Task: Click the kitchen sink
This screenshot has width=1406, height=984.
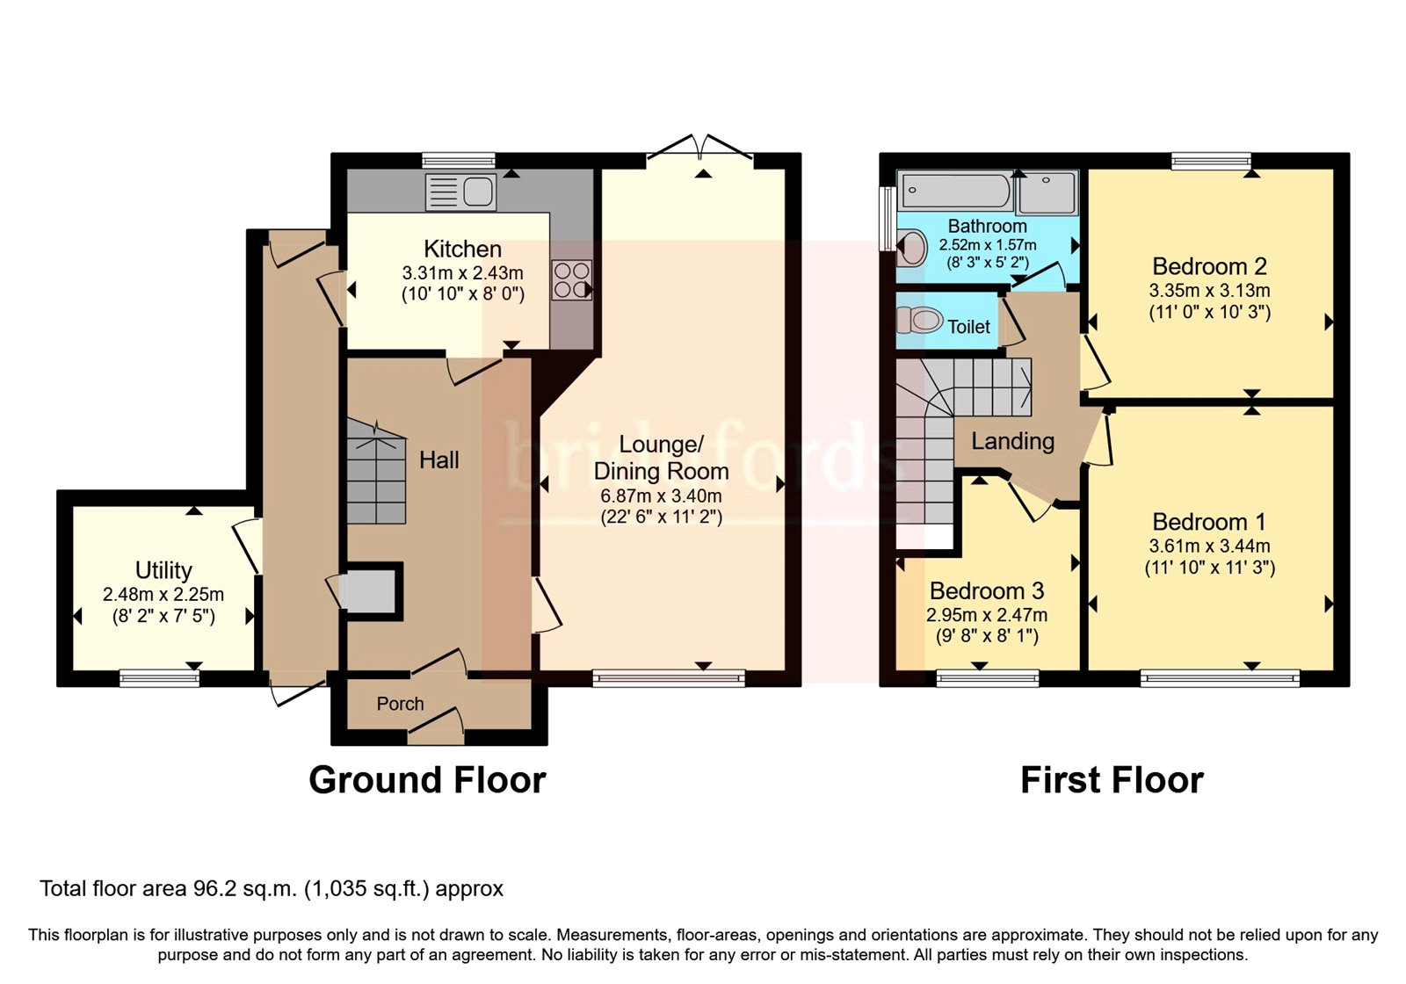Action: [x=460, y=192]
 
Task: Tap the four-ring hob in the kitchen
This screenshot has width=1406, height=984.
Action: [x=571, y=280]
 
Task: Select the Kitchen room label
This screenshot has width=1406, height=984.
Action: [x=462, y=250]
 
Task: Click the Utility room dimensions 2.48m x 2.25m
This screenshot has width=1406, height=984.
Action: [x=163, y=595]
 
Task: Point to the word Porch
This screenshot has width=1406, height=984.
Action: [x=400, y=704]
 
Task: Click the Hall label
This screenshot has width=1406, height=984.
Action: [x=438, y=460]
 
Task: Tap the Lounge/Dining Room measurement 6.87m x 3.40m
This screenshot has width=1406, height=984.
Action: [x=661, y=496]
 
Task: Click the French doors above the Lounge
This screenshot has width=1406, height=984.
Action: [x=700, y=148]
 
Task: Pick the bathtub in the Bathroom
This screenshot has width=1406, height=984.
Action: [x=957, y=190]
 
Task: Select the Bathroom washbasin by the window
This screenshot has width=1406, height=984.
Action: [x=912, y=248]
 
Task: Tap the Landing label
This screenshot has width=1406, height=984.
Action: [x=1012, y=441]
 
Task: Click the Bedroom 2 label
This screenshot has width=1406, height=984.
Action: [x=1209, y=266]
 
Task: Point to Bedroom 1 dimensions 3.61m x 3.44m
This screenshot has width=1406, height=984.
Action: [x=1209, y=546]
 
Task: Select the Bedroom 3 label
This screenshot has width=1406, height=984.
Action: [x=987, y=591]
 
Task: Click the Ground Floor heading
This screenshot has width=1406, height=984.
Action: [x=427, y=780]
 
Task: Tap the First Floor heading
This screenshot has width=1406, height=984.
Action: [x=1112, y=780]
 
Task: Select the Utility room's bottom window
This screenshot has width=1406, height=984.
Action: [x=159, y=677]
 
